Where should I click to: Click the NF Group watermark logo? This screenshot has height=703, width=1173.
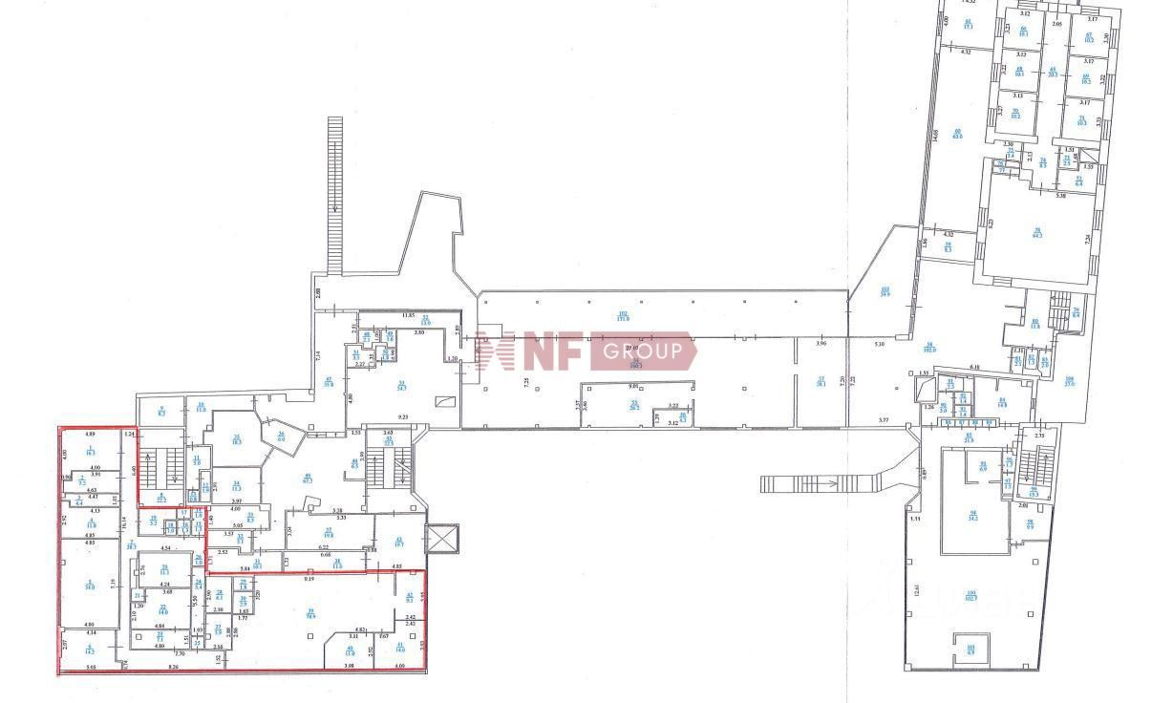point(593,351)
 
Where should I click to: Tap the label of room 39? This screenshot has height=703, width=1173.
point(310,613)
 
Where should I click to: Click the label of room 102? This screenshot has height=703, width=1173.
point(623,316)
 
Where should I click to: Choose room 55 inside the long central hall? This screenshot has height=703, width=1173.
point(633,405)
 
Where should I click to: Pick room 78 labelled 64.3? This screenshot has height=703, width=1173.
point(1036,232)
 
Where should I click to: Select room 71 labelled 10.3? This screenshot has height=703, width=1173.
point(1082,121)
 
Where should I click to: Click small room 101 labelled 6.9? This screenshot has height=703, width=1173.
point(970,651)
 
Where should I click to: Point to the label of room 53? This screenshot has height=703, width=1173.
point(426,321)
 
